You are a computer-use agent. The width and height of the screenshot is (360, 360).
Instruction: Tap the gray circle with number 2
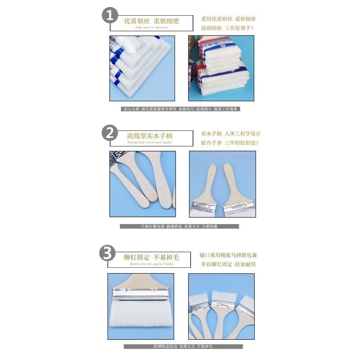(110, 133)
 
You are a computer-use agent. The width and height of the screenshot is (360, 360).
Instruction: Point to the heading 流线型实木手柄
(149, 135)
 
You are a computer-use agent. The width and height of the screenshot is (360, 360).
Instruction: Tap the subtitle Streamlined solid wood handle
(149, 143)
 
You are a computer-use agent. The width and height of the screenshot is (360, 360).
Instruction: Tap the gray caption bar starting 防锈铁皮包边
(183, 346)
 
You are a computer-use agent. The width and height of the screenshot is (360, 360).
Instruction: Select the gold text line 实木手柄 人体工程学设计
(230, 134)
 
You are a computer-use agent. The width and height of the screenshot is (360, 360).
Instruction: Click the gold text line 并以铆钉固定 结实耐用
(228, 264)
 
